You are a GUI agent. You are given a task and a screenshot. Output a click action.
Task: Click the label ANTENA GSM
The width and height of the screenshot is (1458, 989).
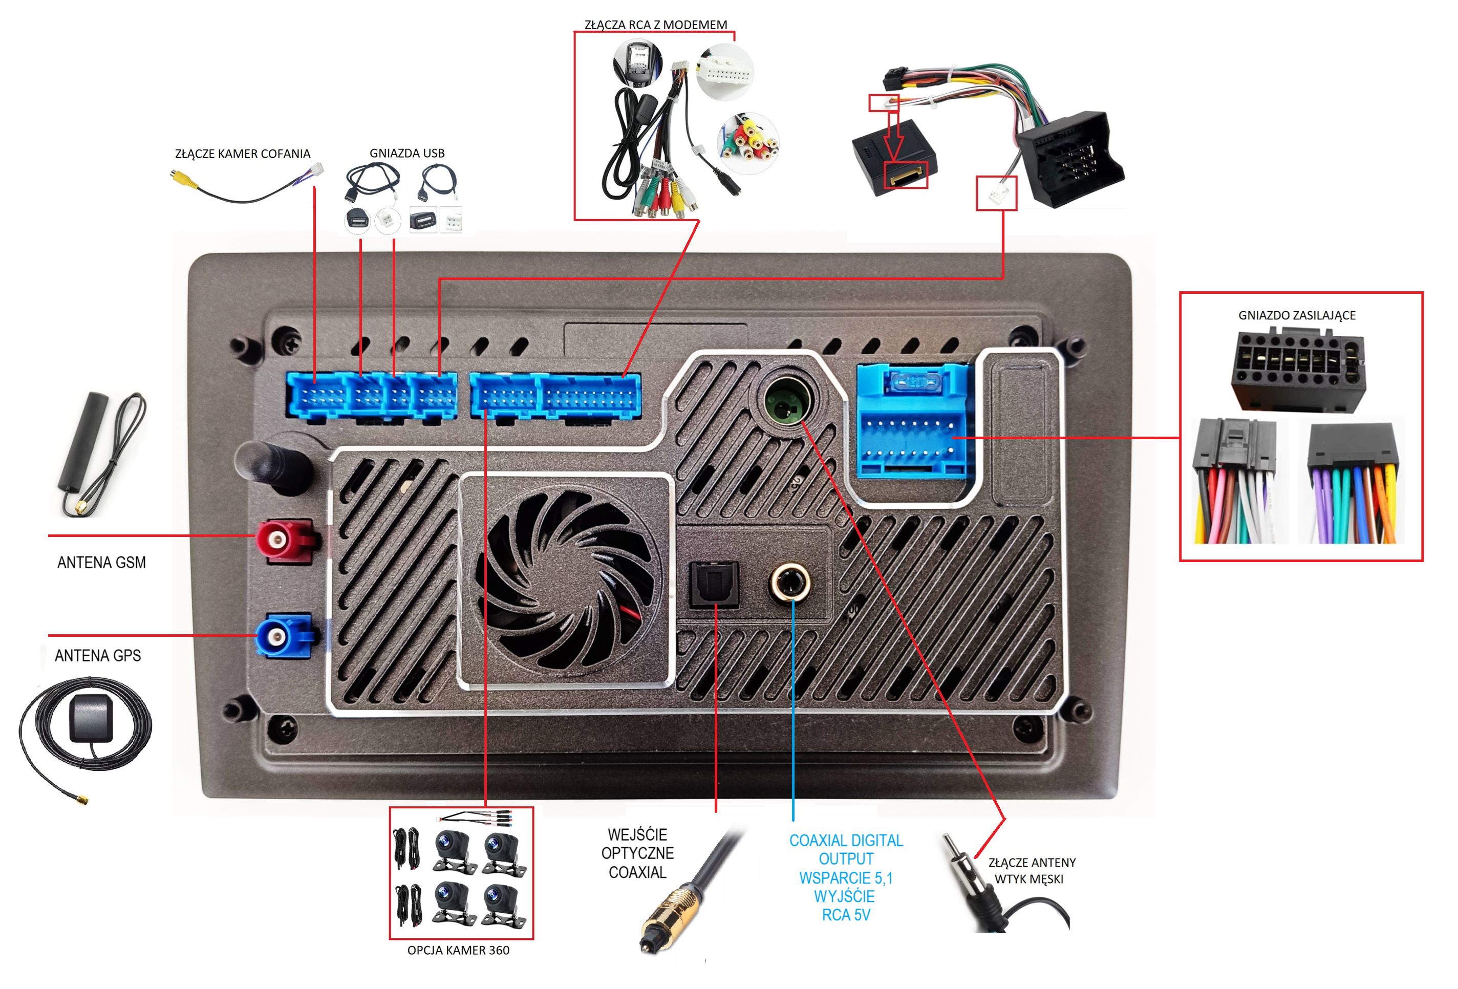pyautogui.click(x=102, y=563)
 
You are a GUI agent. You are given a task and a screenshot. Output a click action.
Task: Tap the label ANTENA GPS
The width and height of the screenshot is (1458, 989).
pyautogui.click(x=98, y=656)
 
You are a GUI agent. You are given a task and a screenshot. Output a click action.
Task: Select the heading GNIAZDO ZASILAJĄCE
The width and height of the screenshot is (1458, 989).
pyautogui.click(x=1296, y=315)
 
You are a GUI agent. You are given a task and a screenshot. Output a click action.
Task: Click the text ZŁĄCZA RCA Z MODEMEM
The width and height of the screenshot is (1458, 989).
pyautogui.click(x=656, y=25)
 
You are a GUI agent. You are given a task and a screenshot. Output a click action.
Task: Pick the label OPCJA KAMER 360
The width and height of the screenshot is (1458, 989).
pyautogui.click(x=458, y=950)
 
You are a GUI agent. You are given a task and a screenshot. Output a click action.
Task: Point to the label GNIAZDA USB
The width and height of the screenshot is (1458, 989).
pyautogui.click(x=406, y=153)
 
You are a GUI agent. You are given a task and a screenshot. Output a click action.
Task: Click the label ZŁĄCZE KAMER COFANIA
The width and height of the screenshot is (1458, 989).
pyautogui.click(x=242, y=154)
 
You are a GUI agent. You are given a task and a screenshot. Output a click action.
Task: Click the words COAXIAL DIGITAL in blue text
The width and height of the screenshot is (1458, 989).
pyautogui.click(x=846, y=841)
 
